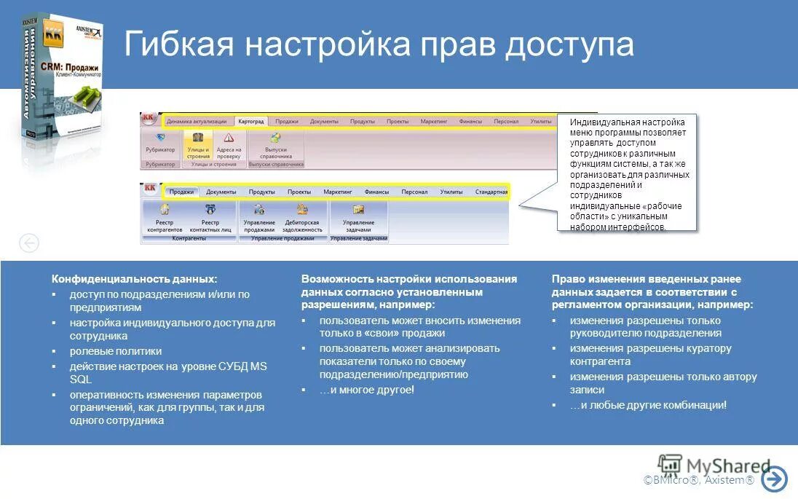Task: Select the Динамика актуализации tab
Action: (197, 122)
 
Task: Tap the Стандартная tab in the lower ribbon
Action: (491, 192)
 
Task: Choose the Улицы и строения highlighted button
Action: (197, 145)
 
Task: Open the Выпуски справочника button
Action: (275, 145)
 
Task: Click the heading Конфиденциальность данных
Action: (134, 279)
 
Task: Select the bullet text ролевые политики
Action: (116, 351)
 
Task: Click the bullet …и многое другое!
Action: (366, 390)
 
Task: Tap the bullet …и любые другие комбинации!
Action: (648, 405)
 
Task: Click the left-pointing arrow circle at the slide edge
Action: (28, 243)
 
